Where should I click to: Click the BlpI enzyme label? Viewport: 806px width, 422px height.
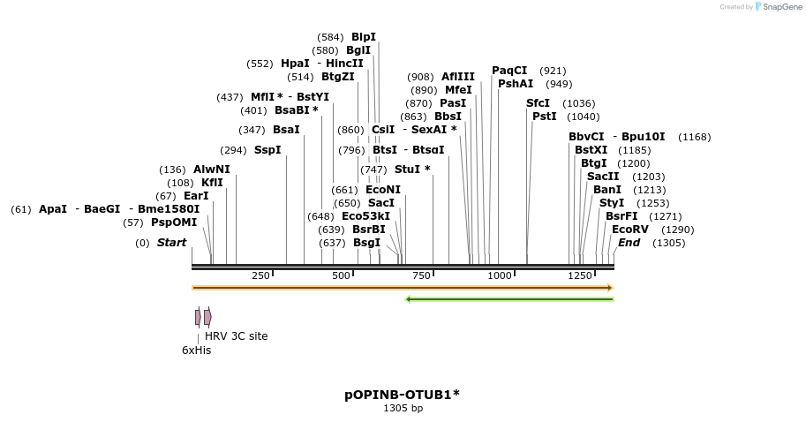tap(363, 37)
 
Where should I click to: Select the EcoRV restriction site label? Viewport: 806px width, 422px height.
tap(629, 230)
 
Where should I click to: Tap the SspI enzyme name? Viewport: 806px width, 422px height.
tap(267, 150)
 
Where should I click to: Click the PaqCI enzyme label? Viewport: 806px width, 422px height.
tap(509, 71)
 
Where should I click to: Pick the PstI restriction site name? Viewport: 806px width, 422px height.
tap(545, 117)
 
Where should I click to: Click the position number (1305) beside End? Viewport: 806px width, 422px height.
tap(668, 243)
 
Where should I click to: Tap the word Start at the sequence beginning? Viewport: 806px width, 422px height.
tap(171, 243)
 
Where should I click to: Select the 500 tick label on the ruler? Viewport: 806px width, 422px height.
tap(342, 276)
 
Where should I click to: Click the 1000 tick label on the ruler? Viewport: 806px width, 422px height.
tap(500, 276)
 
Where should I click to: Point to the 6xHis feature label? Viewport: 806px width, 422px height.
tap(196, 350)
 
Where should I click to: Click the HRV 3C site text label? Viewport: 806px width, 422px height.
tap(236, 336)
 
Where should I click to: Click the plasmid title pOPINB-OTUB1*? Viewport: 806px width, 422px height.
tap(402, 395)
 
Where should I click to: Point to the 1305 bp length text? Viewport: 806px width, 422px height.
tap(403, 409)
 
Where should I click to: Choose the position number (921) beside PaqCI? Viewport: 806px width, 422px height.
tap(553, 71)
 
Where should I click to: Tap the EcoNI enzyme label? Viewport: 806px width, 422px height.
tap(383, 190)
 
